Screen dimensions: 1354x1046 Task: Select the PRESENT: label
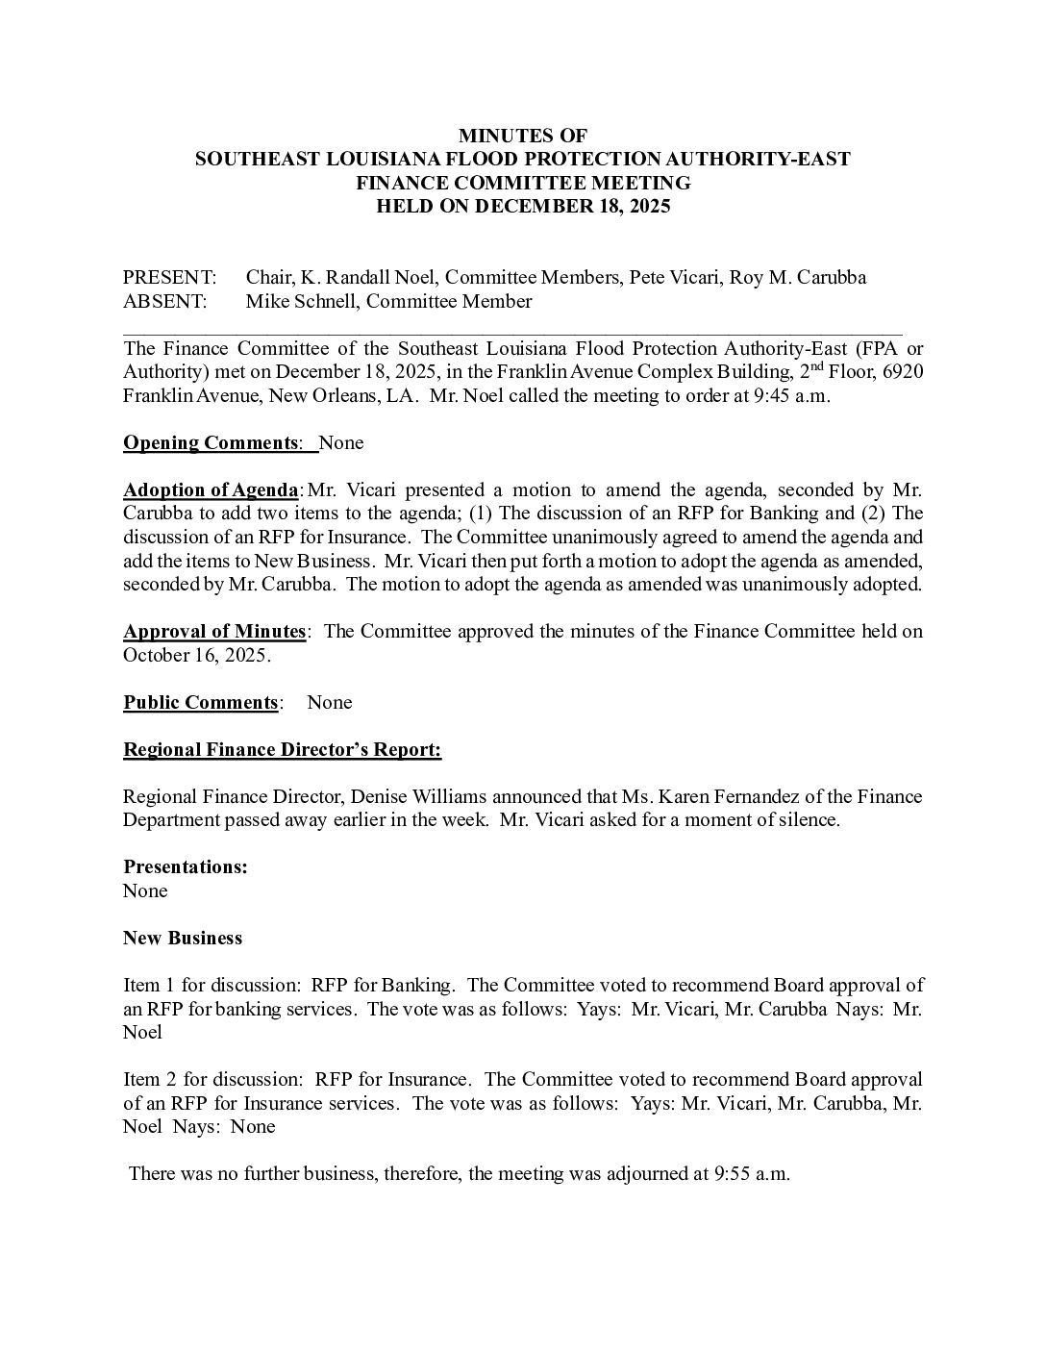click(x=169, y=278)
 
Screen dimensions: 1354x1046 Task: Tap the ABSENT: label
click(x=164, y=302)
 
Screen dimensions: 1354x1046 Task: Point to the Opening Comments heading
click(x=211, y=443)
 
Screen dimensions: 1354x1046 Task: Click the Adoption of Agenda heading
click(x=211, y=490)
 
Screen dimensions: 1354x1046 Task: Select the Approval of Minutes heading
click(x=214, y=632)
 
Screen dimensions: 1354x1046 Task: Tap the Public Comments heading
click(x=201, y=703)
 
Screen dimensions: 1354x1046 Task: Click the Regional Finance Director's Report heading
click(x=282, y=750)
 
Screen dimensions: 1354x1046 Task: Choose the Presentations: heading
click(x=186, y=867)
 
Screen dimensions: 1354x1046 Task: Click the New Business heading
click(x=183, y=939)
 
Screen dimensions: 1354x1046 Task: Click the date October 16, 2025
click(x=196, y=656)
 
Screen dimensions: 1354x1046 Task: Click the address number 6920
click(x=902, y=372)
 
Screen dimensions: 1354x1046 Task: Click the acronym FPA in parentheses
click(x=867, y=349)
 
